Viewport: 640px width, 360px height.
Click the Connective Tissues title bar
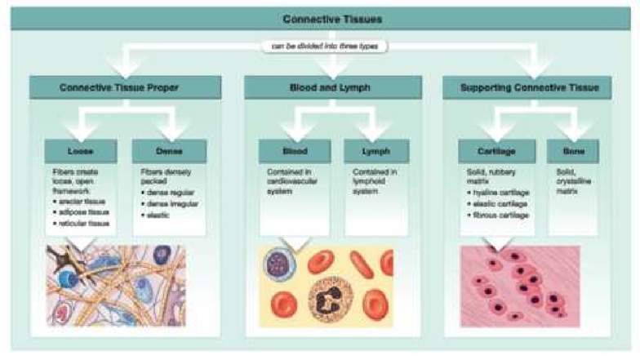(x=320, y=18)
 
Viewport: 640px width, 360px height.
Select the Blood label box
(x=294, y=150)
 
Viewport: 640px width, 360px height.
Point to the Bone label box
(x=572, y=150)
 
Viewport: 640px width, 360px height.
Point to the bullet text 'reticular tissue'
(x=84, y=222)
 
